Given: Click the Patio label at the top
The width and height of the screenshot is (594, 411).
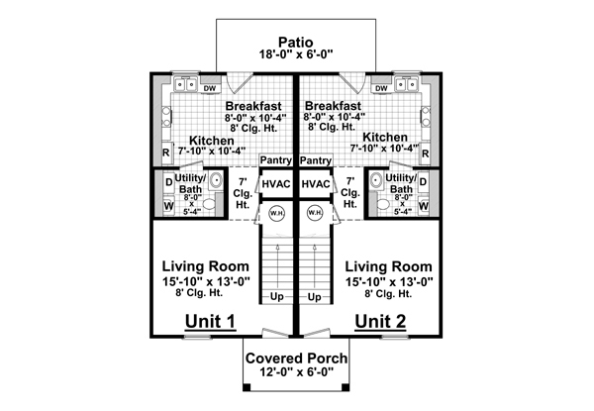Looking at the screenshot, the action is coord(296,42).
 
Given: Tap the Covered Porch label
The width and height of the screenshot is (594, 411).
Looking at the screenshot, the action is coord(296,358).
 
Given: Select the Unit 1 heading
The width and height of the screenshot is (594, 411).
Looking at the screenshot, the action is coord(210,321).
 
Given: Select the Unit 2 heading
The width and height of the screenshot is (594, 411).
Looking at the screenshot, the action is coord(380,321).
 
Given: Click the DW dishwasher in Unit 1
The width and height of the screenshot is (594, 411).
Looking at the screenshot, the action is coord(210,88).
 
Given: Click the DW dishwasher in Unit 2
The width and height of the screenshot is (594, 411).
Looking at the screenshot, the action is coord(381,88).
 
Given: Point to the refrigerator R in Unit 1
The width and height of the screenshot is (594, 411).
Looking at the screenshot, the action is coord(166,153).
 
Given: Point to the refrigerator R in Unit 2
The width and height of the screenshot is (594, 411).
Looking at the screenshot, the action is coord(425,154).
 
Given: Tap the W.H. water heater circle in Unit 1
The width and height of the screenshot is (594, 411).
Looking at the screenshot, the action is coord(276,213).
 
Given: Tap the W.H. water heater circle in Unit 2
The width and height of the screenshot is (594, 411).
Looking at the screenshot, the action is coord(315,213).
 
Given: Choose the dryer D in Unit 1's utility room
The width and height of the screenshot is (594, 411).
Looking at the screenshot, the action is coord(169,182).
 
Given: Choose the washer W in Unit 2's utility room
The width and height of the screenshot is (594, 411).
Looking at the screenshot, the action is coord(424,206).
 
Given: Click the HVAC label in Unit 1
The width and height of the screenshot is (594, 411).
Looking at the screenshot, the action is coord(276,184).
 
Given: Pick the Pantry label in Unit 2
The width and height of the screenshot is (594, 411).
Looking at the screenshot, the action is coord(316,160).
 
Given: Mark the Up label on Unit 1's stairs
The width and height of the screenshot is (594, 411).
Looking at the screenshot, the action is coord(277,297).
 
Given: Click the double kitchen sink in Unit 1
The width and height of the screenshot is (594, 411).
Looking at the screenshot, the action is coord(186,84).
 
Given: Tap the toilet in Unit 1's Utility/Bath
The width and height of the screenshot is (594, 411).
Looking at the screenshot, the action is coord(208,204).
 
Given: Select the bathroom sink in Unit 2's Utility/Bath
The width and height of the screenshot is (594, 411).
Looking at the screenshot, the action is coord(376,180).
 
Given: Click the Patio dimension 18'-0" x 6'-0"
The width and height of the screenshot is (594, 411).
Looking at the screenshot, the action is coord(296,54).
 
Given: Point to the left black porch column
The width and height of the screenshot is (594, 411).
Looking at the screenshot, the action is coord(247,387).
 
